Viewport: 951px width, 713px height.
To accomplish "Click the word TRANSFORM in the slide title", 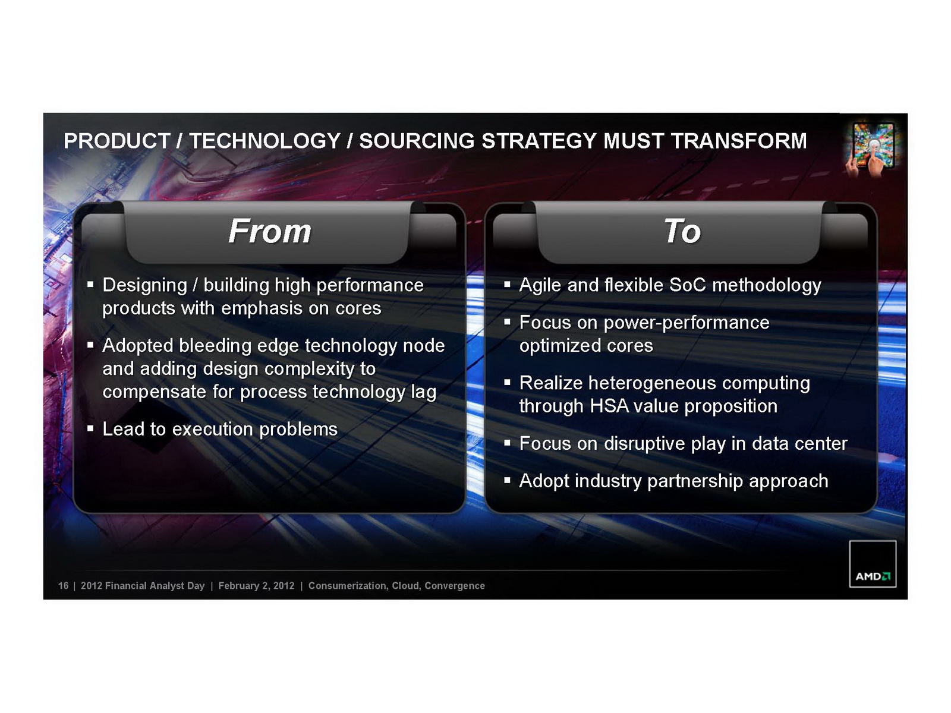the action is (x=739, y=141).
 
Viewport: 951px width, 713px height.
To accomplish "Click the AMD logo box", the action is (x=873, y=564).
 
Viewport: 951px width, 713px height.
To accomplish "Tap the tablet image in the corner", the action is (x=871, y=149).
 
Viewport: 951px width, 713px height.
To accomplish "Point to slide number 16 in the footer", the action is (x=63, y=586).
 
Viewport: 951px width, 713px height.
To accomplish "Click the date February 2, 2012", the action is (x=256, y=586).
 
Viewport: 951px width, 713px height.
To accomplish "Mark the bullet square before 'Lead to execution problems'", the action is (x=90, y=428).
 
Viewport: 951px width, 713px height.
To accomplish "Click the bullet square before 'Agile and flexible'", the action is (x=507, y=285).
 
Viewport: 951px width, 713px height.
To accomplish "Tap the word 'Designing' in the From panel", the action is (x=144, y=286).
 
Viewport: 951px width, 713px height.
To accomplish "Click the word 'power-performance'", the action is (x=687, y=323).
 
